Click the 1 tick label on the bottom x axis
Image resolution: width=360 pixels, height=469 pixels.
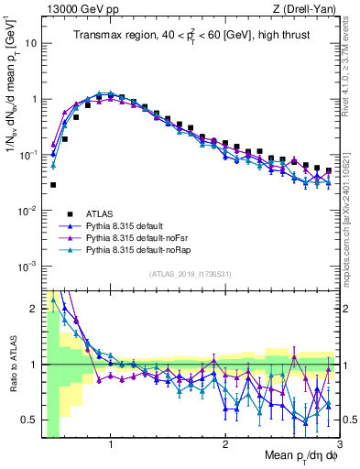point(111,445)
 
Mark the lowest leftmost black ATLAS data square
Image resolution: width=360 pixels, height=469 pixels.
point(53,184)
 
